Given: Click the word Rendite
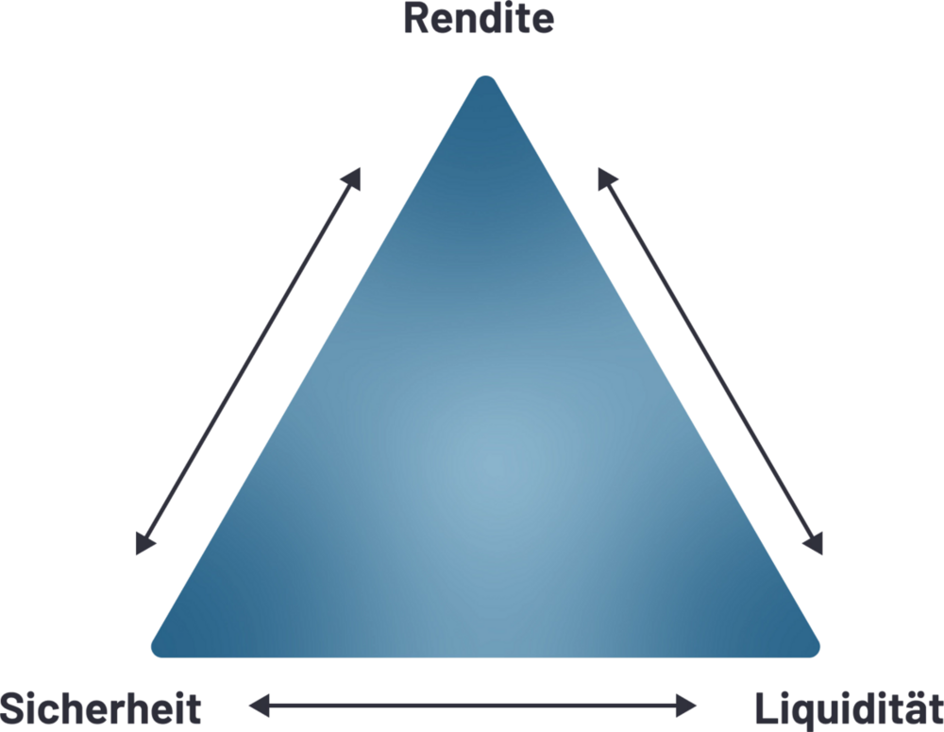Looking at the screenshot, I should [479, 19].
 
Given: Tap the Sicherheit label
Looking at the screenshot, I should [101, 708].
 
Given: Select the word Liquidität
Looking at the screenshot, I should [848, 708].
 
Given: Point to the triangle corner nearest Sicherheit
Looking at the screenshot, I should [162, 646].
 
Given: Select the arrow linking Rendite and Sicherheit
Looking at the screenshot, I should [248, 361].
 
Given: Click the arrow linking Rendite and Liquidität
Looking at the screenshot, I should [710, 361].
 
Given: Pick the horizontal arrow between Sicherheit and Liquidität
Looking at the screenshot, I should [472, 704].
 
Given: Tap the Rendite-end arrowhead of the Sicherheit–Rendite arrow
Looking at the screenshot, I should [353, 177].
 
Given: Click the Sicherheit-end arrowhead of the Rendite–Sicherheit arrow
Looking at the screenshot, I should [143, 545].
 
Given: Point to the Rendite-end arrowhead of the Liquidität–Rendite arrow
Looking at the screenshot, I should [605, 177].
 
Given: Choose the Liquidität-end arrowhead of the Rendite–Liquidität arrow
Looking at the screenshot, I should [815, 545].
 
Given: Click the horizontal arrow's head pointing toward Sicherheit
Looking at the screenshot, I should [257, 704].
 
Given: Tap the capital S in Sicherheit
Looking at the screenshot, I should [14, 708].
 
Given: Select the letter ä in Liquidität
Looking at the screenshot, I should [910, 708].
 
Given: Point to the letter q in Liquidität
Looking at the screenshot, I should [798, 711].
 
